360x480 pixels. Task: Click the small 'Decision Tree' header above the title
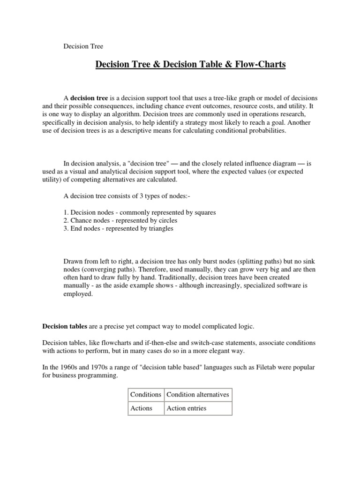pyautogui.click(x=83, y=46)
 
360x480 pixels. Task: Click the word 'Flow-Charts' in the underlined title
pyautogui.click(x=261, y=64)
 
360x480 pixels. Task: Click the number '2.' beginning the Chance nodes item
pyautogui.click(x=66, y=220)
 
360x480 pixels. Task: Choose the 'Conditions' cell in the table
pyautogui.click(x=146, y=394)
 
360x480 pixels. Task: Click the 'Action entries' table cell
pyautogui.click(x=187, y=408)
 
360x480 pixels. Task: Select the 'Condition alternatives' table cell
pyautogui.click(x=198, y=394)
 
